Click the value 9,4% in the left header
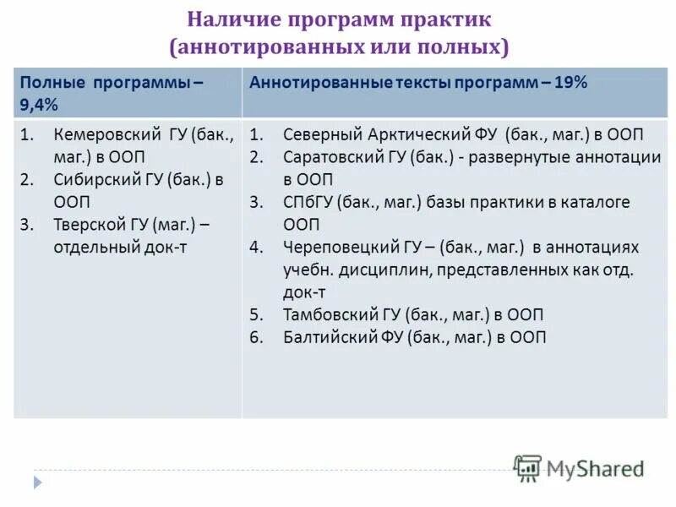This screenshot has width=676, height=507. click(38, 104)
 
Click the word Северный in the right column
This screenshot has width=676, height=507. click(322, 135)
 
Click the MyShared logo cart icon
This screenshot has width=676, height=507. click(528, 468)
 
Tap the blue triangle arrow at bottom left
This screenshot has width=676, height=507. click(37, 482)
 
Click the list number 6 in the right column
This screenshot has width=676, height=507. click(257, 337)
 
